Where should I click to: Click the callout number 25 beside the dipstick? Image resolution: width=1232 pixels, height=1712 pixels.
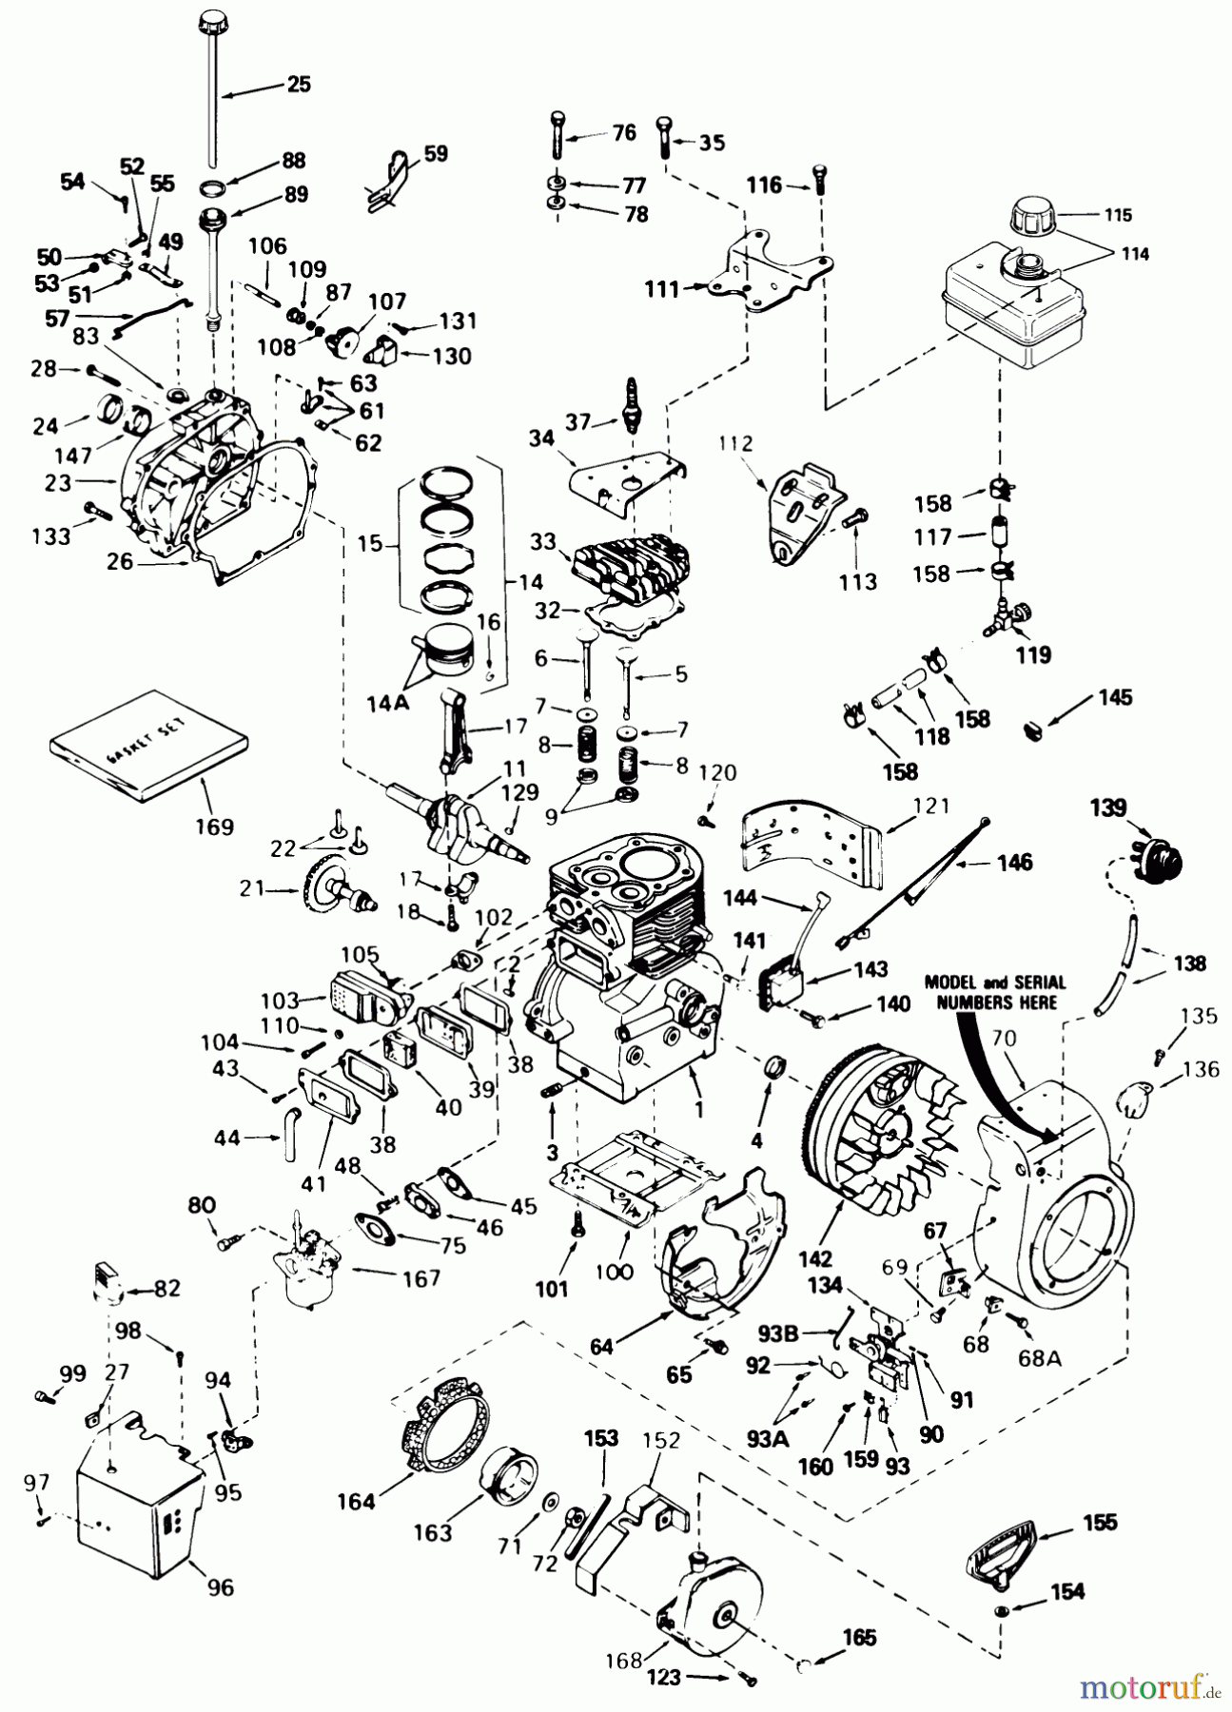[299, 85]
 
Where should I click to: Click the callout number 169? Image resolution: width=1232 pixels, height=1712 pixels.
[214, 827]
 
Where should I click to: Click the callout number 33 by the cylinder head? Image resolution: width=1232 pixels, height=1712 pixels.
[542, 541]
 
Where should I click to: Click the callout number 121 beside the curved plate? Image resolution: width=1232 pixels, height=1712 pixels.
[931, 807]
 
